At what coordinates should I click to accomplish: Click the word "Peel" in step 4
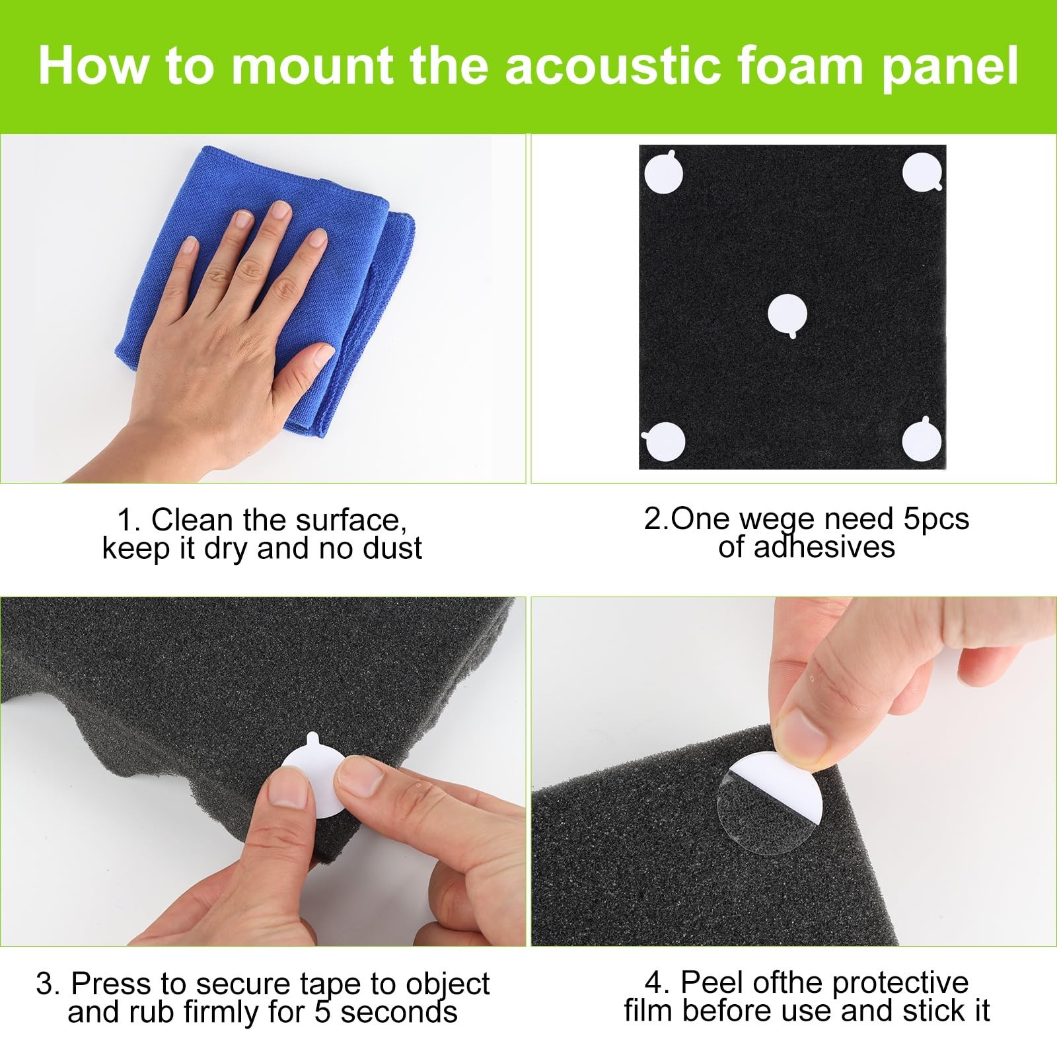709,982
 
